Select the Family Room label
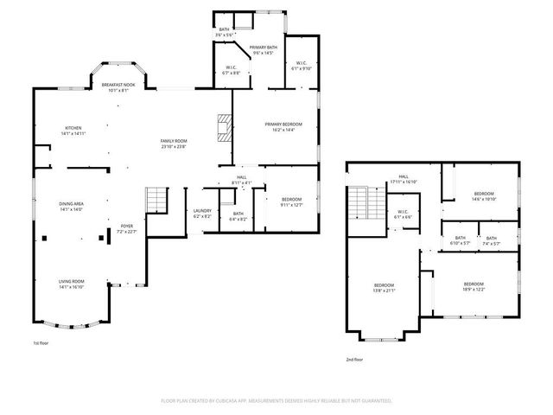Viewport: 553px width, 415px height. [173, 144]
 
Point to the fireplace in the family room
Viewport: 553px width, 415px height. [224, 127]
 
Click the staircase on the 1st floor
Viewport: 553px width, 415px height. [156, 201]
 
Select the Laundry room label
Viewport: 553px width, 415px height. [202, 213]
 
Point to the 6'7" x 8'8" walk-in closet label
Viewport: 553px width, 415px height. [232, 71]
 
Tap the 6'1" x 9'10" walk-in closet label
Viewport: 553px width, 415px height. [302, 65]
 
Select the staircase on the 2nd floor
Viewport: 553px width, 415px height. [359, 207]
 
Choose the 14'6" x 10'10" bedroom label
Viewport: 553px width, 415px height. [483, 196]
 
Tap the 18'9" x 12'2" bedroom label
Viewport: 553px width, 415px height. [473, 287]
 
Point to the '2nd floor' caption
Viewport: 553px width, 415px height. [353, 359]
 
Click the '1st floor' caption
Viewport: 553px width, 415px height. [41, 343]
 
